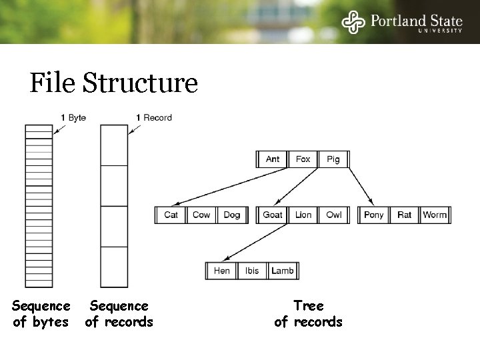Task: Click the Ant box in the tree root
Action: pos(273,159)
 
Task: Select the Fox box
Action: pos(303,159)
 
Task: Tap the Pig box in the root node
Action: pos(333,159)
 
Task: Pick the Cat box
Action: pos(171,215)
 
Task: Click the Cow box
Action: pos(201,215)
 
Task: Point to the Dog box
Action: pos(231,215)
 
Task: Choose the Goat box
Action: pos(273,215)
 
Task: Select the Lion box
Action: pos(303,215)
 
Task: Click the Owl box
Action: pos(334,215)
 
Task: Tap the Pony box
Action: pos(374,215)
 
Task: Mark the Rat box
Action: pos(405,215)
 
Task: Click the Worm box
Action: pos(435,215)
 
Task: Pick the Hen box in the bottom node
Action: pos(222,271)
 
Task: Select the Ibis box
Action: pos(252,271)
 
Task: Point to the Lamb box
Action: pos(282,271)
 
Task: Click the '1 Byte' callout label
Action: pos(73,118)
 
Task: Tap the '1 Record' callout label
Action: pos(153,118)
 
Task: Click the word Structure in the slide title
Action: pos(140,84)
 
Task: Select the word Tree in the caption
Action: pos(309,306)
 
